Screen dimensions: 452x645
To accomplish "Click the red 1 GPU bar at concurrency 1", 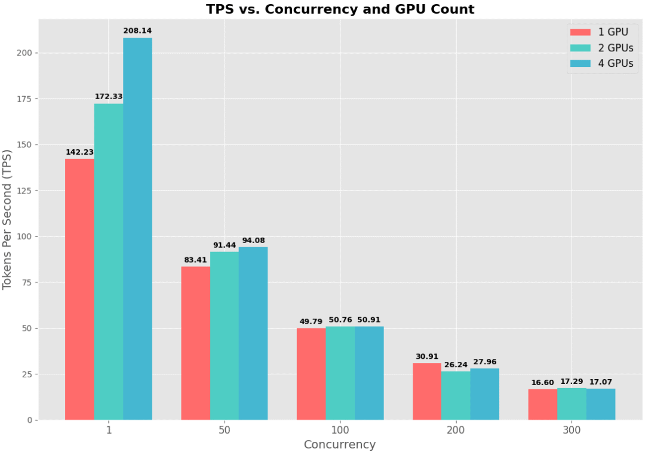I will coord(79,289).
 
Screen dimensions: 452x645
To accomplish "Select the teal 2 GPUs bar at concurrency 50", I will coord(225,336).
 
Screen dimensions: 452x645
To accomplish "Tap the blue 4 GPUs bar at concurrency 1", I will coord(137,229).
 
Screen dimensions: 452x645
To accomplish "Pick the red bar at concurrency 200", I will coord(427,391).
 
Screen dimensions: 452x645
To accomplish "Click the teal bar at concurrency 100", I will coord(340,373).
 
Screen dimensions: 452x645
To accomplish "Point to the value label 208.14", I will coord(137,30).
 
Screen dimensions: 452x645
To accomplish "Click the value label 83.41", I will coord(195,260).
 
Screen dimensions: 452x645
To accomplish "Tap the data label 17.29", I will coord(572,382).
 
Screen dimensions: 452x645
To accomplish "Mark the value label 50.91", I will coord(369,320).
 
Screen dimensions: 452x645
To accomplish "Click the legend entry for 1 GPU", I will coord(600,32).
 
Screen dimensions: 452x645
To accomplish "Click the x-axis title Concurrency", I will coord(339,445).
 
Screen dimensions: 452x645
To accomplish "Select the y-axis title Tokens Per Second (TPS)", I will coord(8,219).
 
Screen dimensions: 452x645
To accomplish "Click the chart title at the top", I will coord(340,10).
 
